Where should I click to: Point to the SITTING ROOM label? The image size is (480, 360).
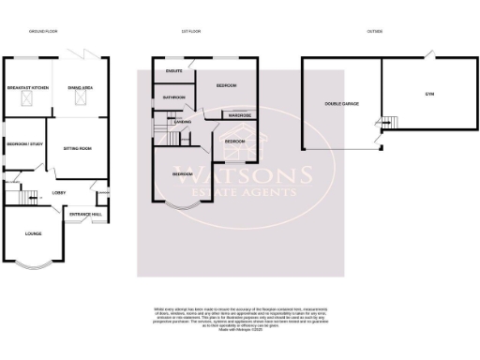[76, 148]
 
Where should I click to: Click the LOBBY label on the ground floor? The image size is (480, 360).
[58, 192]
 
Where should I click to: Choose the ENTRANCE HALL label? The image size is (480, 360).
[87, 214]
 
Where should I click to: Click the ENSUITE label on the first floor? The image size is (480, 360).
[173, 70]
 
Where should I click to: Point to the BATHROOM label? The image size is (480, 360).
[175, 97]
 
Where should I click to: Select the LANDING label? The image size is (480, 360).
[183, 122]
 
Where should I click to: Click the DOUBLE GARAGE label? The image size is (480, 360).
[341, 103]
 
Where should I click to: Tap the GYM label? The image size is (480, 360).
[430, 95]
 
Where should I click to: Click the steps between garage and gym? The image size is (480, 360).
[384, 123]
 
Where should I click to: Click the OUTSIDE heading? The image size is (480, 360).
[374, 31]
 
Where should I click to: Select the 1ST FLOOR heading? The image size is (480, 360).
[191, 31]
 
